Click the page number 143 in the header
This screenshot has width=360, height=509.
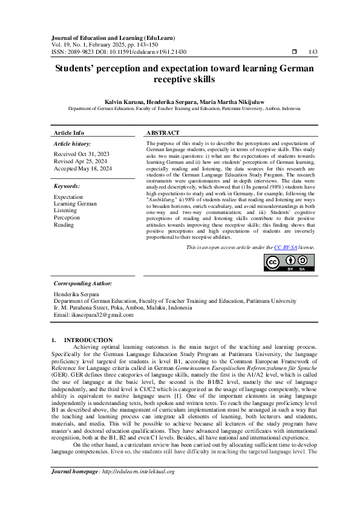[x=313, y=53]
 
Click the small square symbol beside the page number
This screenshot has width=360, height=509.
[x=294, y=53]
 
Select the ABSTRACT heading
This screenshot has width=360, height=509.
[x=163, y=133]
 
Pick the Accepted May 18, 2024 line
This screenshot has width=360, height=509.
[x=83, y=168]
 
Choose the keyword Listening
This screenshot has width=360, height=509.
[x=65, y=210]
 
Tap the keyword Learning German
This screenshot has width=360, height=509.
[x=75, y=204]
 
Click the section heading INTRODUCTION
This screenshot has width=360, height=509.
[x=88, y=340]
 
